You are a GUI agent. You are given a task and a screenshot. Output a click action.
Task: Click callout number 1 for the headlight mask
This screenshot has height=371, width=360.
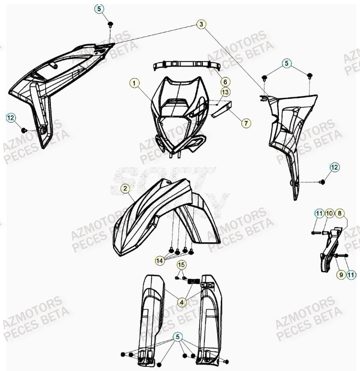coord(135,83)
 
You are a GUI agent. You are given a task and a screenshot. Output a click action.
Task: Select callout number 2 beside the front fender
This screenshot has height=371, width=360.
coord(125,188)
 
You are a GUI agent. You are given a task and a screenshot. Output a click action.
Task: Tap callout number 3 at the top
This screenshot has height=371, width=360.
coord(201,24)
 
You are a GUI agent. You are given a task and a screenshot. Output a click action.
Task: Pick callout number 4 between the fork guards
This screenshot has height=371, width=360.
coord(182,302)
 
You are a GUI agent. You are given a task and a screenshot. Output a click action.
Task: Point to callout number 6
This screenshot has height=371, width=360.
coord(225,82)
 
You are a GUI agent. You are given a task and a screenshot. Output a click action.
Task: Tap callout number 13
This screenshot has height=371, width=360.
coord(225,92)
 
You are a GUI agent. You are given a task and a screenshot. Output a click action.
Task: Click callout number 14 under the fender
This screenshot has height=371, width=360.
coord(159,260)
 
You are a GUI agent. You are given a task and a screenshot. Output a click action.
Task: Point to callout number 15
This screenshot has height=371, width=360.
coord(181,265)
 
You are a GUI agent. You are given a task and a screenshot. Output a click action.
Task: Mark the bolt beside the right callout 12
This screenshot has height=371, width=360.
coord(322,182)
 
